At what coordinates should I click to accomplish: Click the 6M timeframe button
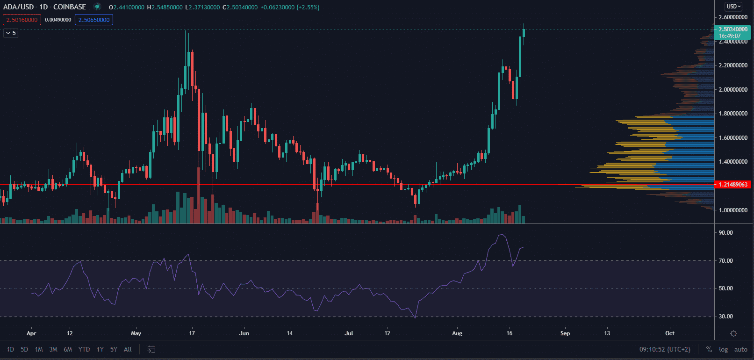68,349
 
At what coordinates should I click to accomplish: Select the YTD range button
84,349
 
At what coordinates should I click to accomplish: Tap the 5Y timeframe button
114,349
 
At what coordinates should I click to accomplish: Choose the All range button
128,349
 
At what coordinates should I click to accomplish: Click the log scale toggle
723,349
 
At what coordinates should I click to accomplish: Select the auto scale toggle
740,349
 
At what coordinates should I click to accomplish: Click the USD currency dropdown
733,7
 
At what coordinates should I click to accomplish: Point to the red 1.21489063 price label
732,185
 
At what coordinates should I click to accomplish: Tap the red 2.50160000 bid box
22,20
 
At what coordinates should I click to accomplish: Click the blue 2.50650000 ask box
94,20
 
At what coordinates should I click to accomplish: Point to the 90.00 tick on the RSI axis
725,233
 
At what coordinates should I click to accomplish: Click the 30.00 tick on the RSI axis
725,317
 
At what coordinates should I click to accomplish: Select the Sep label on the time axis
565,333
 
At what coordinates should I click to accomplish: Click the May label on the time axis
136,333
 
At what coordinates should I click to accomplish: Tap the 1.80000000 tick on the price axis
732,114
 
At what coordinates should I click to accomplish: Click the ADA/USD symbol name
19,7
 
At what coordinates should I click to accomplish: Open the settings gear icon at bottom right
733,333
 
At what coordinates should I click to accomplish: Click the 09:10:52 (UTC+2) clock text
665,349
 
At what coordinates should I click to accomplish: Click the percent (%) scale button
709,349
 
